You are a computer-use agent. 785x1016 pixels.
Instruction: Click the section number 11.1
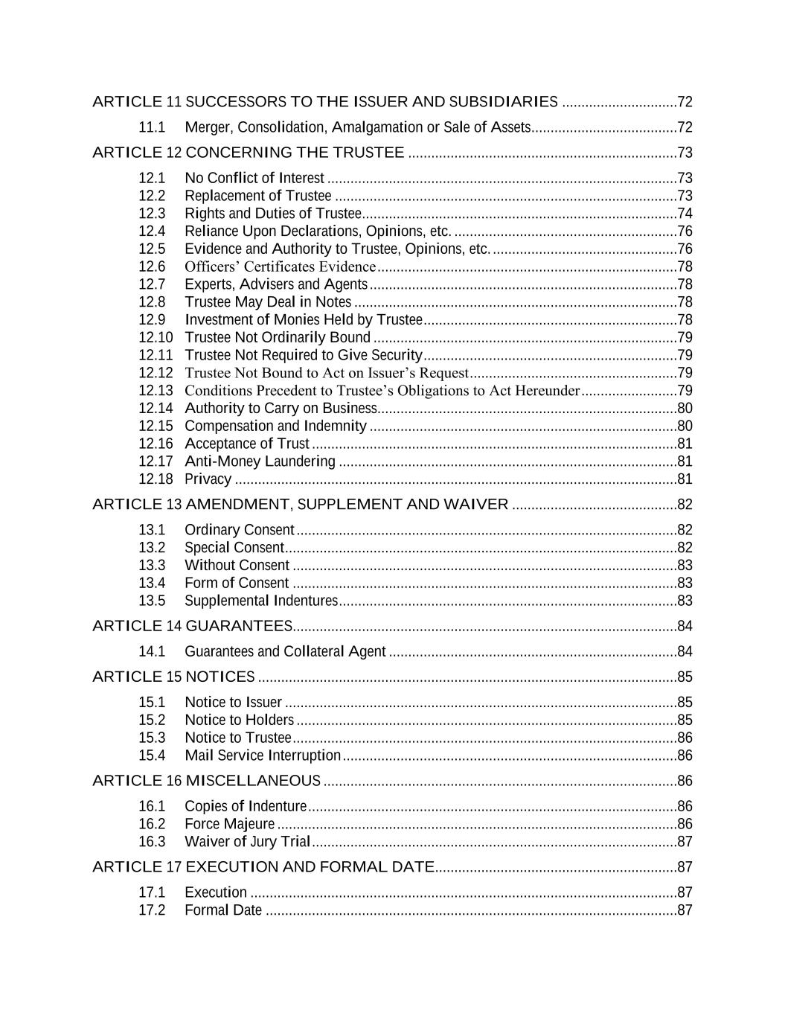(152, 127)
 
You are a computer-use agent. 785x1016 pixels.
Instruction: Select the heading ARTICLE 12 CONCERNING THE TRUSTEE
(248, 153)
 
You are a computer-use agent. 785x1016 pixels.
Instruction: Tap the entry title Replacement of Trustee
(257, 196)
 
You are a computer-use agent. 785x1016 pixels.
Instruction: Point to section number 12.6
(152, 266)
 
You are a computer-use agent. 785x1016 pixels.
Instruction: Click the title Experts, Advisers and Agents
(276, 284)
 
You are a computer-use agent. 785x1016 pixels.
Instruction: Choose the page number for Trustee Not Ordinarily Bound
(685, 338)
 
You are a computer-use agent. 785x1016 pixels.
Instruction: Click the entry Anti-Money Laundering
(260, 461)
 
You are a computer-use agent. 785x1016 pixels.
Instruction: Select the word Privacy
(208, 479)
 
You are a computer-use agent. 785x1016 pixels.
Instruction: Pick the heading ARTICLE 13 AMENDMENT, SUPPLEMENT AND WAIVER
(300, 505)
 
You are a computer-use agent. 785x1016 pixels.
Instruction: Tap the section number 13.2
(152, 548)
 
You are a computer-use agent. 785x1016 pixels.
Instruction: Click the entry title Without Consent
(237, 566)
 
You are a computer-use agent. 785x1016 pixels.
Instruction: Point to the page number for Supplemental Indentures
(685, 601)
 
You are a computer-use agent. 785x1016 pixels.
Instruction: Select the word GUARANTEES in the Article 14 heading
(238, 626)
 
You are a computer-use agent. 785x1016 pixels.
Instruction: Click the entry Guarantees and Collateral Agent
(285, 652)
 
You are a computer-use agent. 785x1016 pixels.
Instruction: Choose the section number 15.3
(152, 738)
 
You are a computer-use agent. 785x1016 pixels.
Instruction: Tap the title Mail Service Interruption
(263, 755)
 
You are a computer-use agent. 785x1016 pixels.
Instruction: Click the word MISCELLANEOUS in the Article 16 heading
(253, 781)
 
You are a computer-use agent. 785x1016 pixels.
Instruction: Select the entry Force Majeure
(229, 824)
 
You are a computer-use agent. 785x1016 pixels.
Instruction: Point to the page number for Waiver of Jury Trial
(685, 842)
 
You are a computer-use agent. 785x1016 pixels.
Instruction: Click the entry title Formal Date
(223, 910)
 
